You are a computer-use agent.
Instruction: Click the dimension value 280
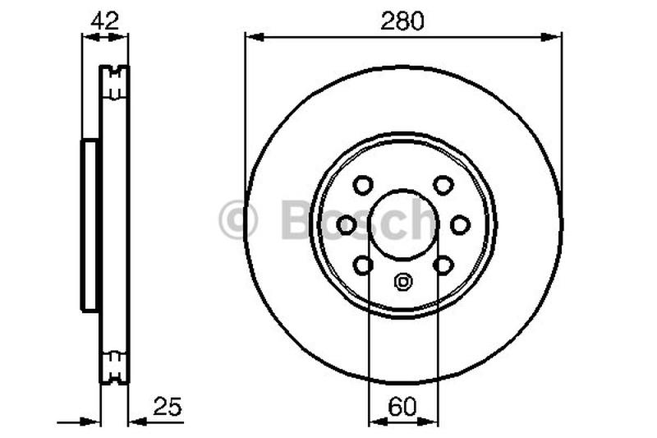[x=402, y=21]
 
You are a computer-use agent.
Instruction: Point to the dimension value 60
[x=402, y=407]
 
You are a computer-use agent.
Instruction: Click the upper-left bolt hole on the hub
[x=362, y=185]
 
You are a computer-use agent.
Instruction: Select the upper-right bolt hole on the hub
[x=443, y=185]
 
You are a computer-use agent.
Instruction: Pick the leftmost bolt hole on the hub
[x=347, y=224]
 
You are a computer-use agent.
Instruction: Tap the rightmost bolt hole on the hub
[x=460, y=224]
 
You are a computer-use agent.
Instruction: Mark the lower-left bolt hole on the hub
[x=362, y=265]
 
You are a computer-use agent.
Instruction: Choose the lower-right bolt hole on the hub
[x=443, y=265]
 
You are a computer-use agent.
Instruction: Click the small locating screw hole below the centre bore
[x=402, y=282]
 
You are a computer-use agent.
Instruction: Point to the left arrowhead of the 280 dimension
[x=251, y=36]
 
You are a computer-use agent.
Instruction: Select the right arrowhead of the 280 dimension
[x=555, y=36]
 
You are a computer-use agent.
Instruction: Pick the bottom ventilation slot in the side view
[x=116, y=364]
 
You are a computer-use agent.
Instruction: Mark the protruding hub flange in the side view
[x=89, y=224]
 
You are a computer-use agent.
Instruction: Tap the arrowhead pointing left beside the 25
[x=136, y=422]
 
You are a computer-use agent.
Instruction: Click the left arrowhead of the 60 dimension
[x=375, y=422]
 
